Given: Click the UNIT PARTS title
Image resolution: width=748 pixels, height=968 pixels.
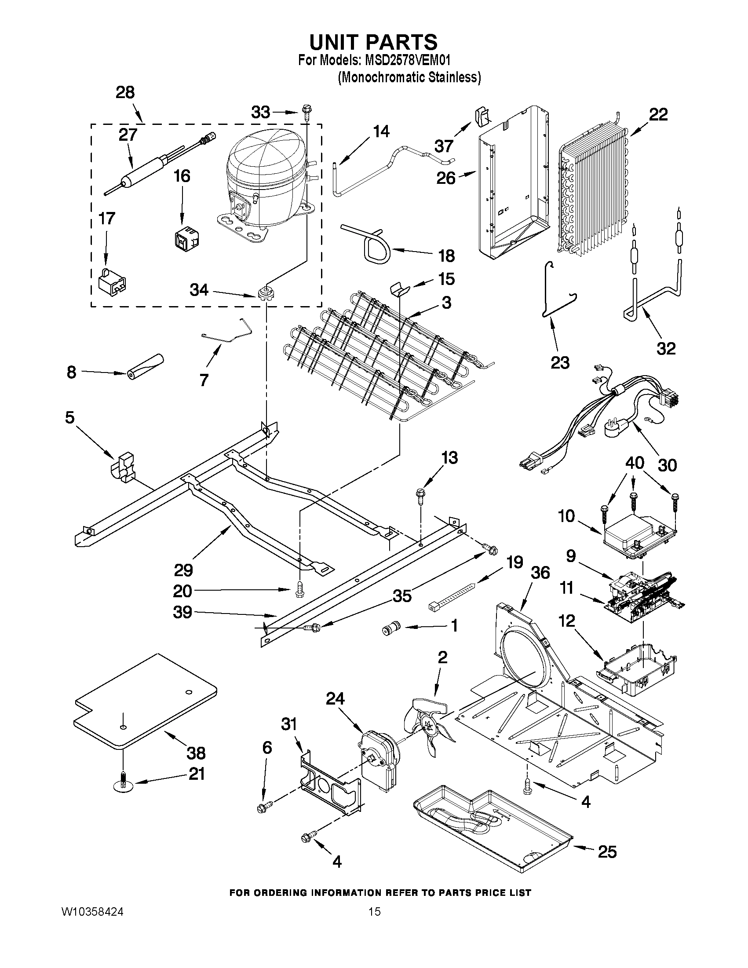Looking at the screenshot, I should pyautogui.click(x=373, y=42).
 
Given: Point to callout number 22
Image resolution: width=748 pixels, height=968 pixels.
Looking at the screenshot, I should pyautogui.click(x=658, y=115).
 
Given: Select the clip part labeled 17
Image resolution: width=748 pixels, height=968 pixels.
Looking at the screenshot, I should pyautogui.click(x=111, y=282).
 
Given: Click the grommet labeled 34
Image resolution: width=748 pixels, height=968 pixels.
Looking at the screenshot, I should pyautogui.click(x=265, y=293).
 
